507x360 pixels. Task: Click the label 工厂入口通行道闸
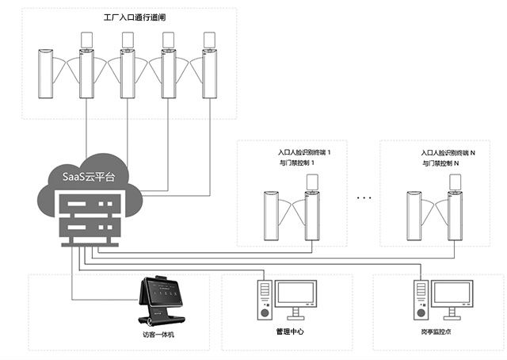(x=134, y=16)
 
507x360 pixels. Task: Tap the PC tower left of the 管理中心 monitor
(x=263, y=301)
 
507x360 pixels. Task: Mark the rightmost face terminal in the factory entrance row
(x=209, y=40)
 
